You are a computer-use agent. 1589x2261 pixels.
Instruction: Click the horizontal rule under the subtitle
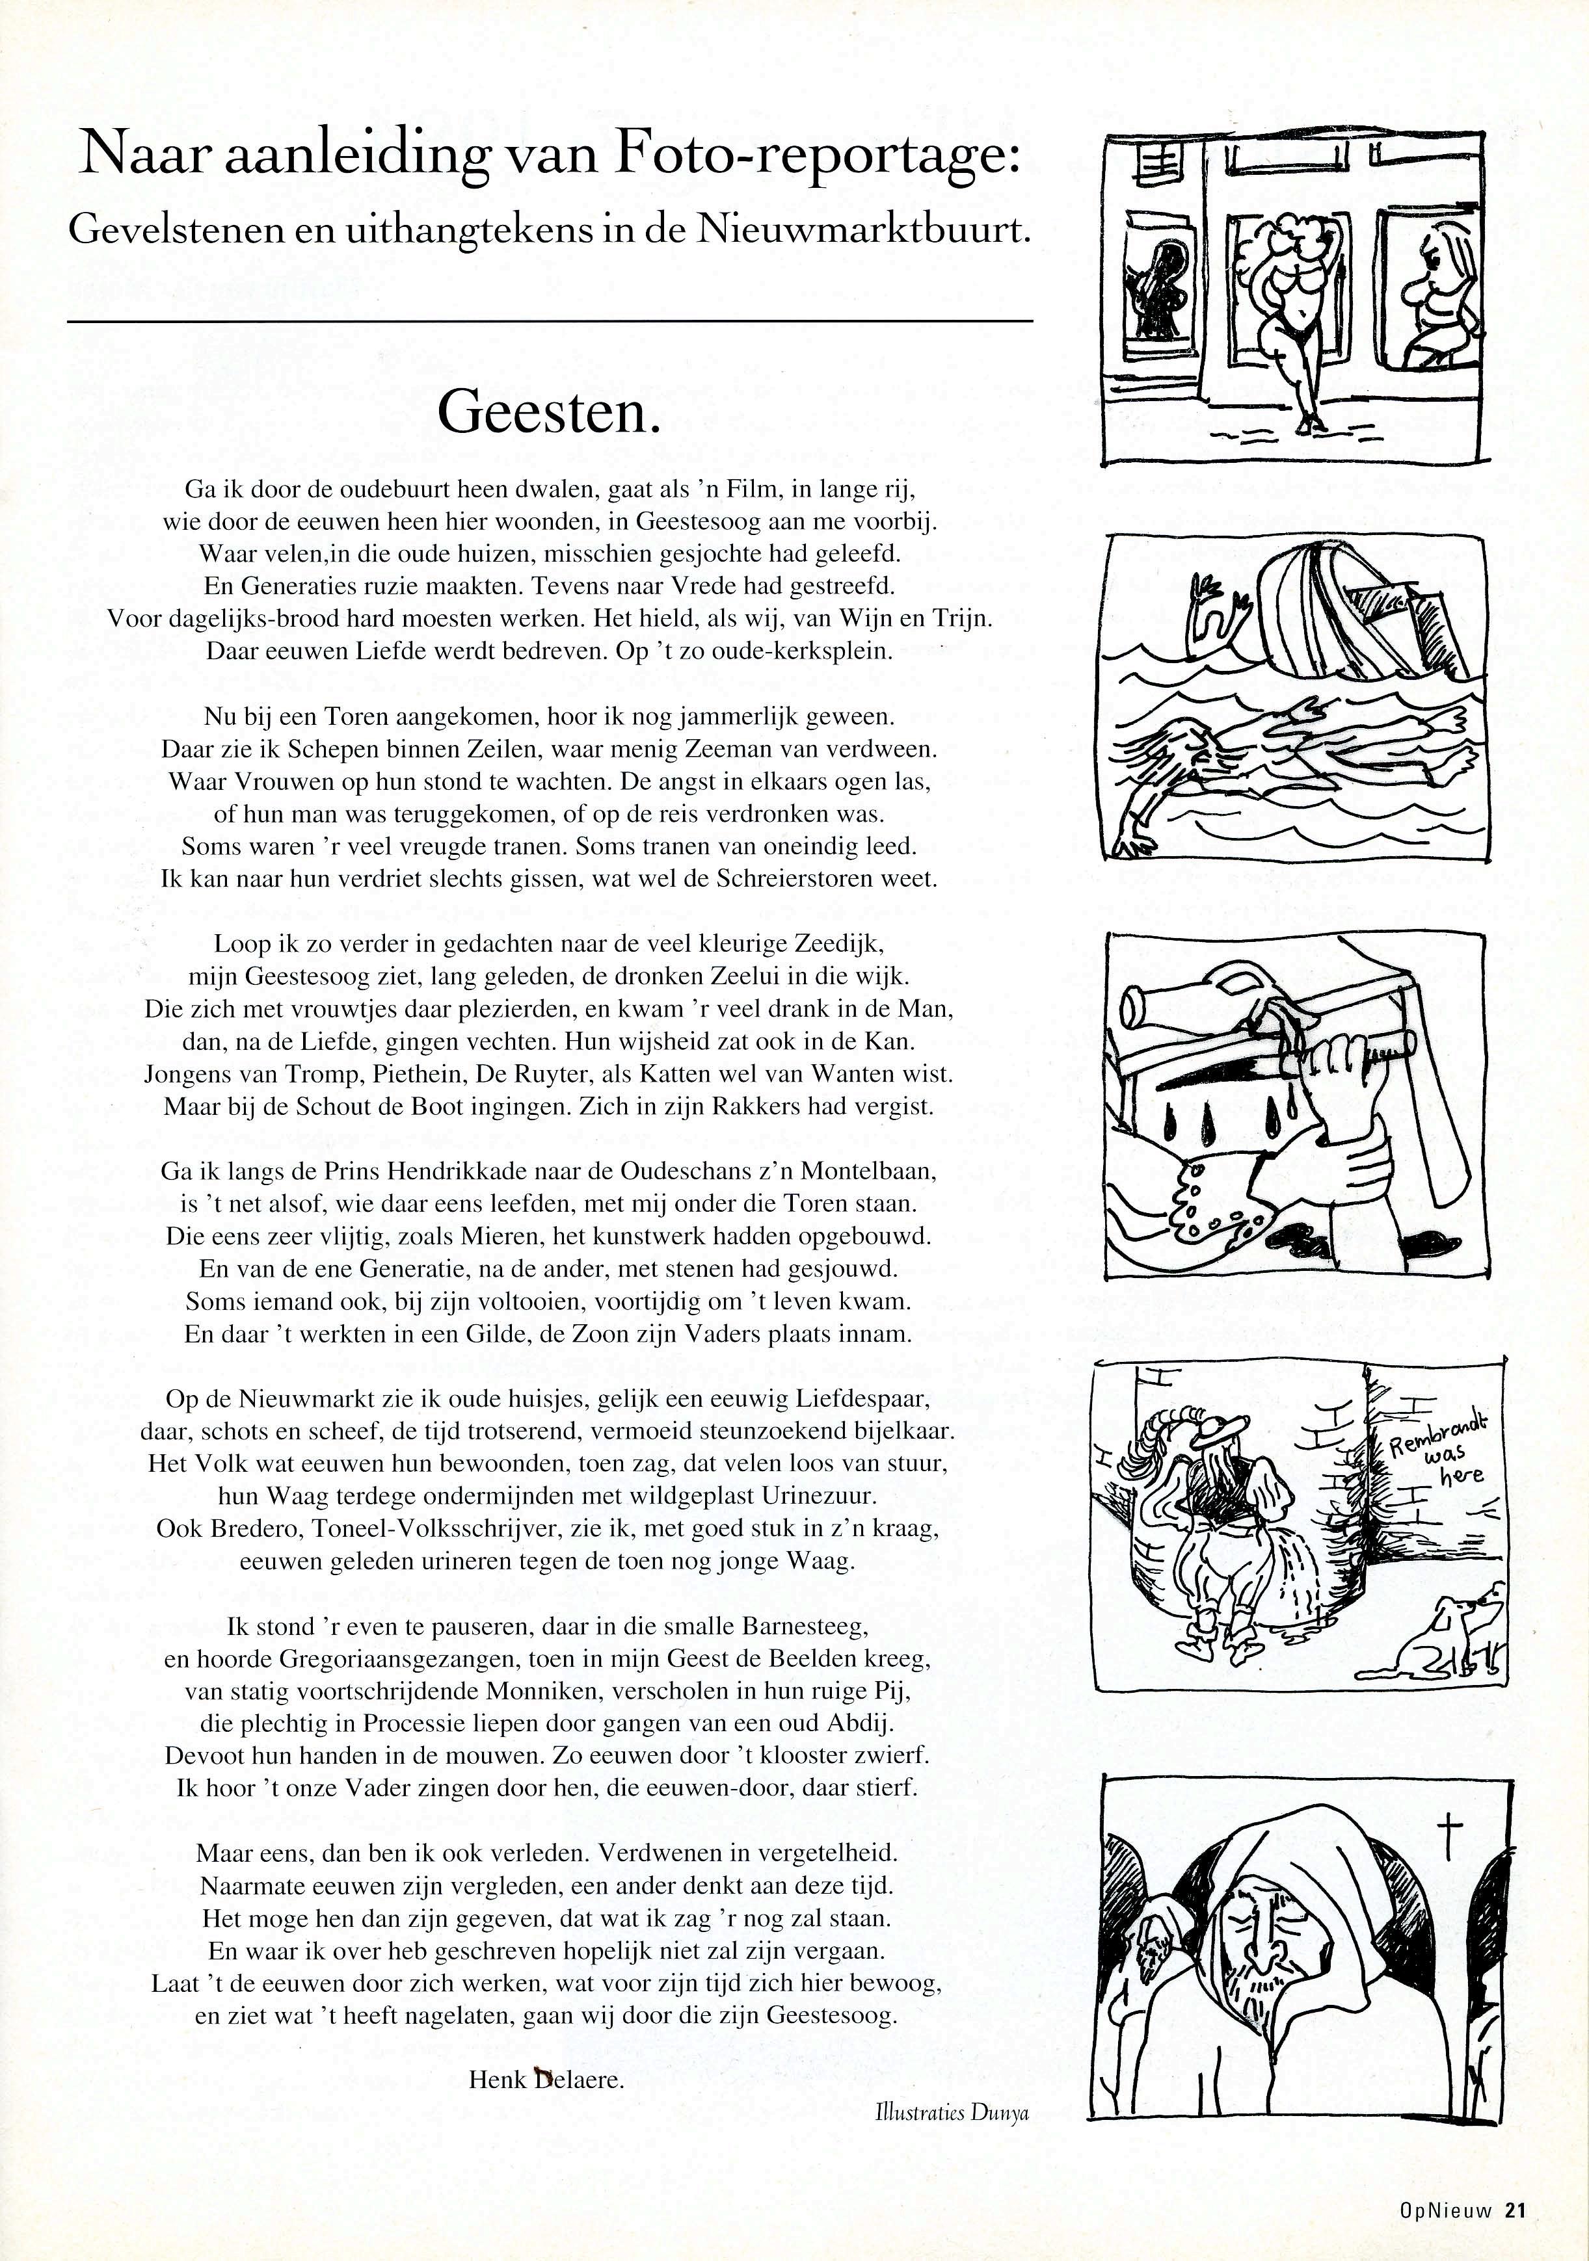click(x=550, y=321)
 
